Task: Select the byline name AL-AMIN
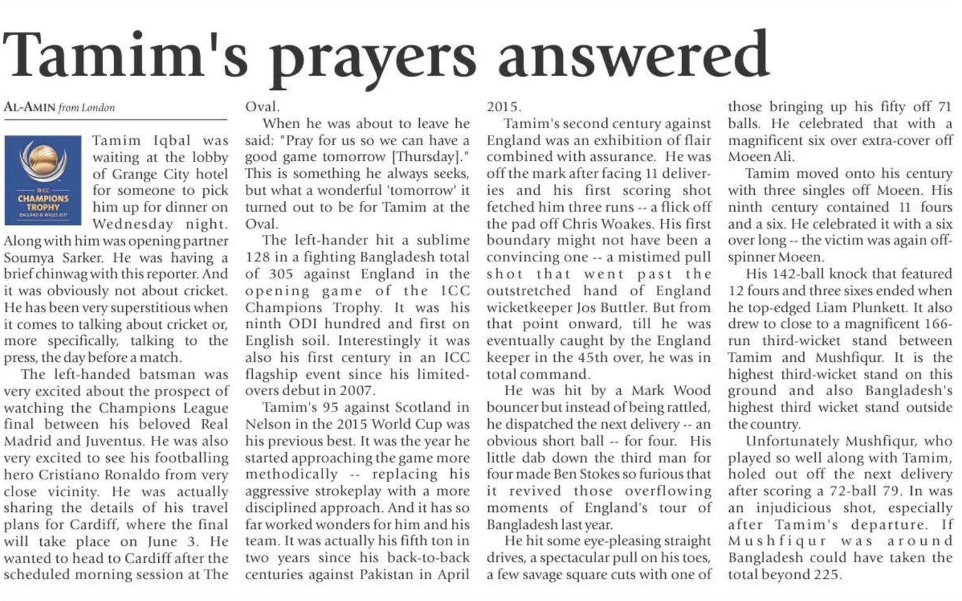tap(29, 107)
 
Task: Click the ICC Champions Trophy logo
tap(43, 180)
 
